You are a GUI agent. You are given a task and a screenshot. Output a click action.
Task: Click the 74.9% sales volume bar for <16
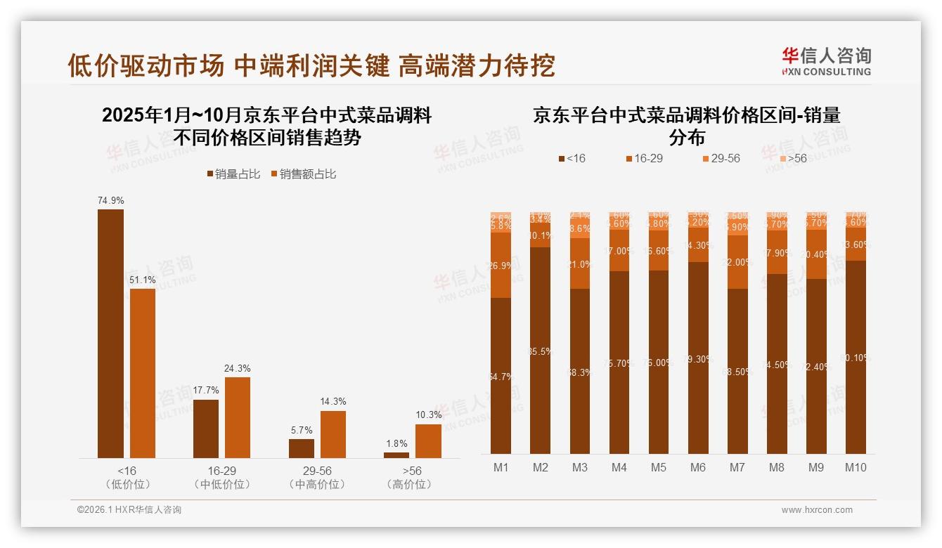click(x=110, y=334)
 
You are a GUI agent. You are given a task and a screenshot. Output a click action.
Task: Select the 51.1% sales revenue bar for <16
click(x=143, y=373)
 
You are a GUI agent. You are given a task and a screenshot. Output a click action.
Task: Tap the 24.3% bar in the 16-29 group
click(x=238, y=417)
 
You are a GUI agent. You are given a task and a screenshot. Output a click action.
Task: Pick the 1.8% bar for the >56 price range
click(x=396, y=455)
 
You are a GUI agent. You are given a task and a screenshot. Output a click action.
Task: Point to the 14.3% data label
click(x=333, y=402)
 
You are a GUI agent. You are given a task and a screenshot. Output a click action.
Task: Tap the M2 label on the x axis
click(x=540, y=467)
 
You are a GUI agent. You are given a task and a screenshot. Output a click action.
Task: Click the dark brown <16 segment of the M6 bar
click(x=698, y=358)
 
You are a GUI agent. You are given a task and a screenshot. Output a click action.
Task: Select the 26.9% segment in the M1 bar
click(x=501, y=265)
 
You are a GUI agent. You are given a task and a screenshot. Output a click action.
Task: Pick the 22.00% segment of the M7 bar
click(x=737, y=262)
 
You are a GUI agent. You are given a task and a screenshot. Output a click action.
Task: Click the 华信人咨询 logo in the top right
click(x=826, y=62)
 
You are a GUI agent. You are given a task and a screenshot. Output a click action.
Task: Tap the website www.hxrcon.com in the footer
click(x=817, y=510)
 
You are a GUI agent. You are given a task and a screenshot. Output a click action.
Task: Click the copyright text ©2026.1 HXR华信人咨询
click(x=129, y=510)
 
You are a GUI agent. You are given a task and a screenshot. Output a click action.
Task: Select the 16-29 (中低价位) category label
click(x=221, y=478)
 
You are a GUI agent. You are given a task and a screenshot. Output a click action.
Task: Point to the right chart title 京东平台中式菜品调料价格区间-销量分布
click(x=686, y=125)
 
